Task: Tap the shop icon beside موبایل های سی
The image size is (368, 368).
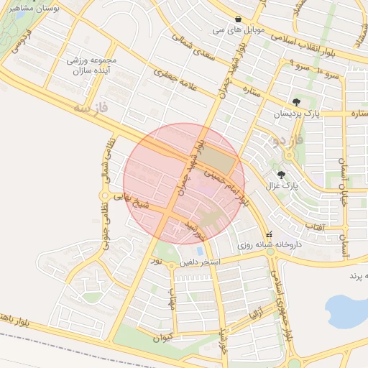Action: coord(238,19)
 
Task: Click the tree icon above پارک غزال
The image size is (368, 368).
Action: coord(281,174)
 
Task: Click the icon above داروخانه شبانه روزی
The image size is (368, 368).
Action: coord(270,234)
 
